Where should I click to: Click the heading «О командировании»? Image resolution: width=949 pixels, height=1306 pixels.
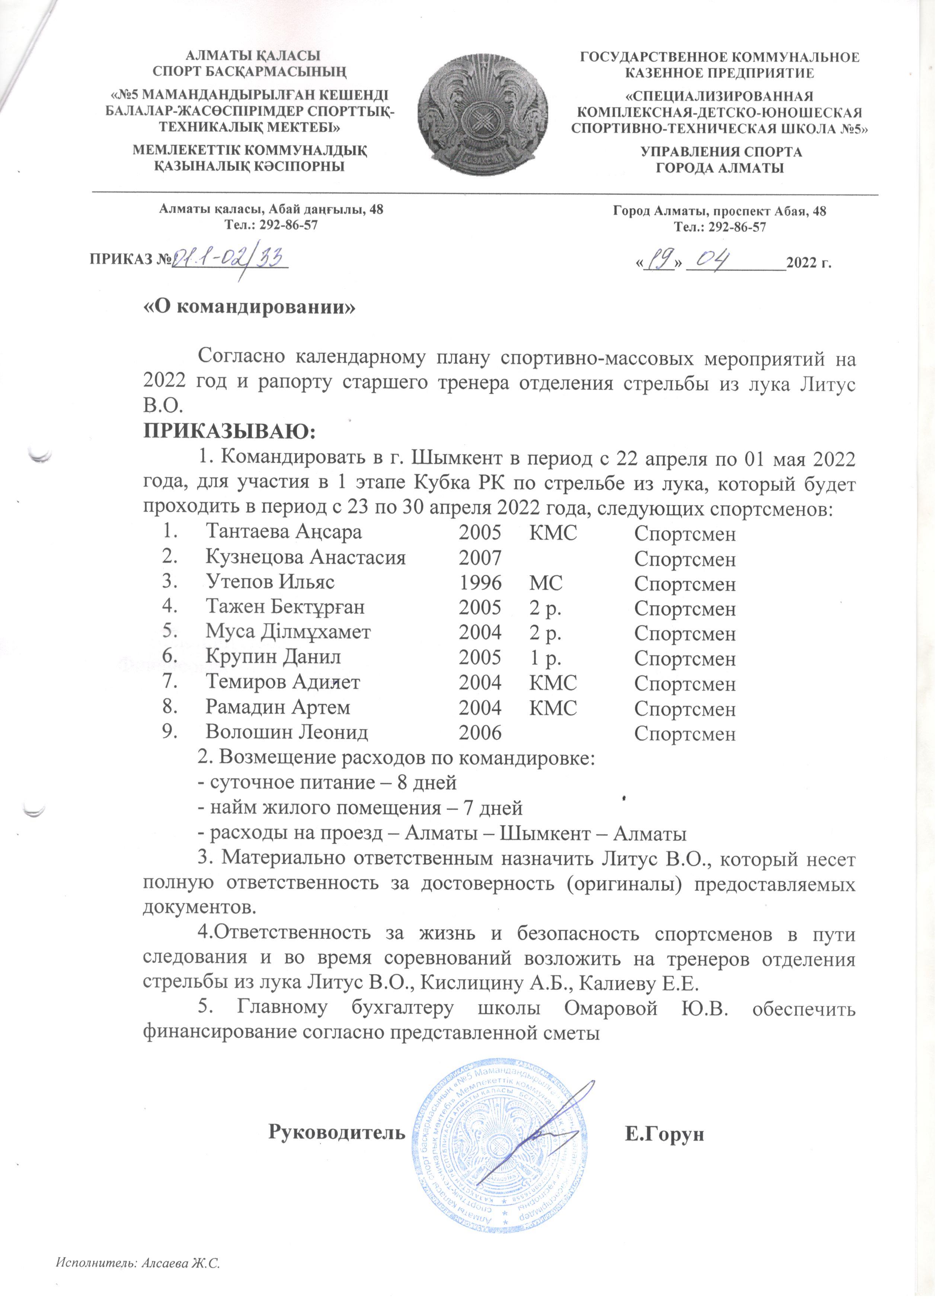click(x=250, y=306)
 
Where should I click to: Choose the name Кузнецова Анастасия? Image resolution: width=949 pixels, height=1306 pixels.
click(x=306, y=557)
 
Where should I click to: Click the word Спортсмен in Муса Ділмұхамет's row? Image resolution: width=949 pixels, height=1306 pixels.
click(x=685, y=633)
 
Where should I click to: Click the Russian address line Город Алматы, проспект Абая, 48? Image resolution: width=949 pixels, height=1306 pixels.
click(x=720, y=211)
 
